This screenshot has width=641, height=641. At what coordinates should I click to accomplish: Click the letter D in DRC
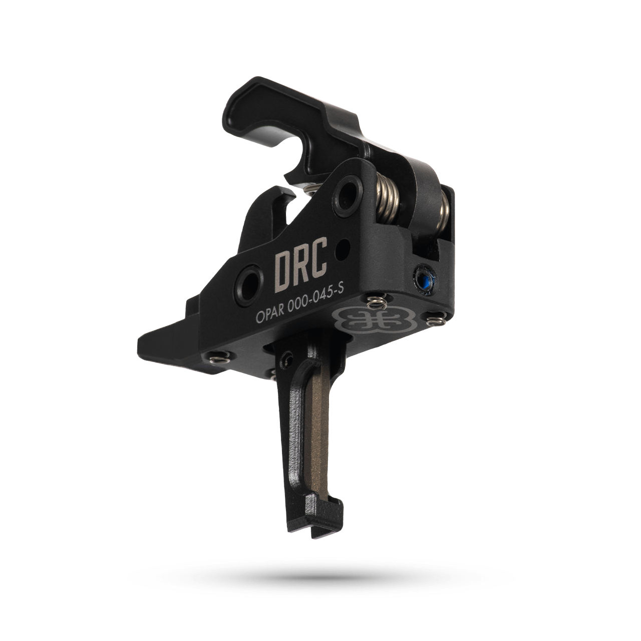pos(283,271)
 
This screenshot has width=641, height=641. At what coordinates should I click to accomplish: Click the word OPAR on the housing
pos(271,315)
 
